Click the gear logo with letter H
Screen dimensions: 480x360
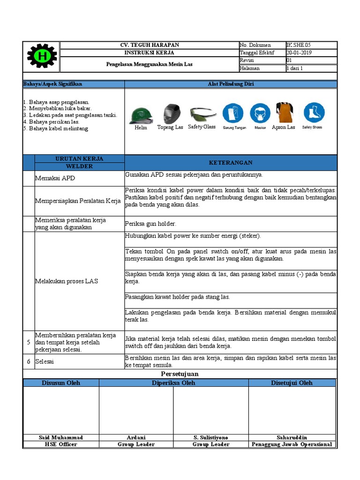coord(42,57)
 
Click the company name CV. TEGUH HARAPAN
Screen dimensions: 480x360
coord(150,45)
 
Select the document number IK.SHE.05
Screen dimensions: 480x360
coord(298,45)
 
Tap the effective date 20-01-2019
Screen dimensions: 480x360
coord(299,52)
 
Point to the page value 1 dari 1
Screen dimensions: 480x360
coord(295,68)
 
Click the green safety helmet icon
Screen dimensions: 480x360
coord(141,115)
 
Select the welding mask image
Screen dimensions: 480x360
coord(170,114)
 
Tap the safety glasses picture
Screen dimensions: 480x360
coord(202,114)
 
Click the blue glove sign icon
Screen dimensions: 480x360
coord(232,113)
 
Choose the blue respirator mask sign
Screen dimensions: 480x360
coord(260,113)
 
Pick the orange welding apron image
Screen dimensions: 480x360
coord(284,112)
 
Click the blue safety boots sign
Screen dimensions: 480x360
coord(314,113)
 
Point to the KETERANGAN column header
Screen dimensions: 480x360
coord(230,163)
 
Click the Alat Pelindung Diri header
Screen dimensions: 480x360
coord(230,84)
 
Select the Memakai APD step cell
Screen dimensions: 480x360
coord(55,178)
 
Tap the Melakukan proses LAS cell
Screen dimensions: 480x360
coord(66,281)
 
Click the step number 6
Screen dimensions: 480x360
coord(28,361)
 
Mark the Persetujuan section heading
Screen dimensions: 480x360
coord(180,374)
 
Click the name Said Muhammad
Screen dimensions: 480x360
coord(60,437)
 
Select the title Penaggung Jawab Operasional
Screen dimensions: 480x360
coord(292,444)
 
